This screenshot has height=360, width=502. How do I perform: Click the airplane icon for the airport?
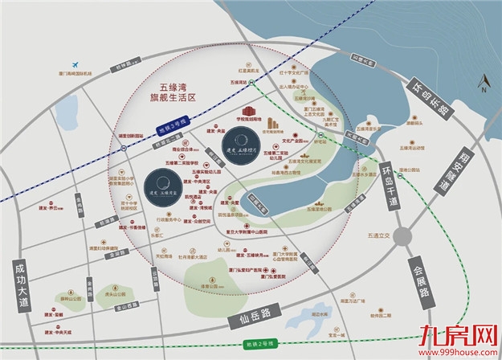click(x=74, y=64)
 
